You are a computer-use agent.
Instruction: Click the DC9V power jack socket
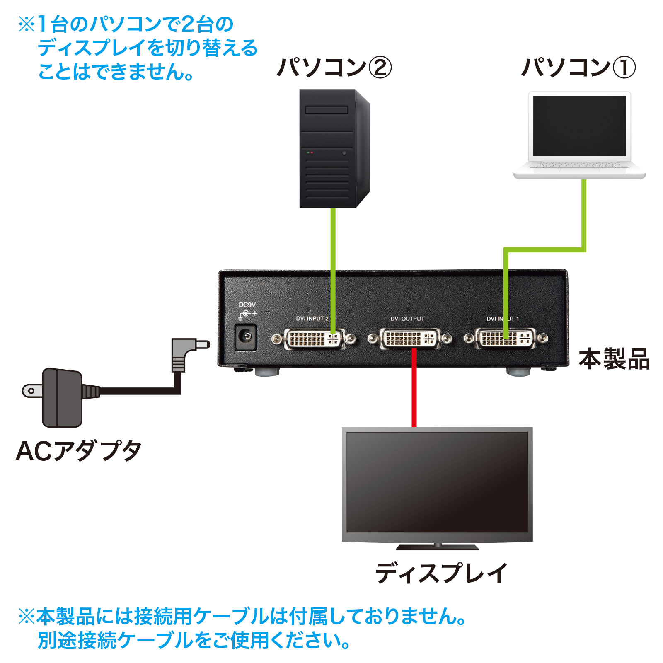(x=246, y=337)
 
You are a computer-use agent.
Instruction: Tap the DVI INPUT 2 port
(x=314, y=339)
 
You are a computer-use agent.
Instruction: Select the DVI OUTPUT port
(x=410, y=339)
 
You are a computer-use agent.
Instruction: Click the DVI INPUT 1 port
(x=506, y=339)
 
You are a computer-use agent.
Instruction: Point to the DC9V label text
(x=247, y=305)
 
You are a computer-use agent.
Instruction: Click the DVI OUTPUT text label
(x=407, y=319)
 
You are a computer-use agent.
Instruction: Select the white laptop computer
(x=579, y=135)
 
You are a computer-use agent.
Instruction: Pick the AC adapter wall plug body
(x=62, y=398)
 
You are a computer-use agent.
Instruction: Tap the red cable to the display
(x=414, y=390)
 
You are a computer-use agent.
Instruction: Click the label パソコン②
(x=334, y=68)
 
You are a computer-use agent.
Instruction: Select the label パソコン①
(x=578, y=68)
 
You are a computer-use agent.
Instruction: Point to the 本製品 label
(x=614, y=359)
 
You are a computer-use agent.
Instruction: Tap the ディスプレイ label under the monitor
(x=441, y=573)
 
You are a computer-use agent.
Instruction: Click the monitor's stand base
(x=437, y=547)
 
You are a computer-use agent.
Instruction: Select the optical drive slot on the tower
(x=327, y=110)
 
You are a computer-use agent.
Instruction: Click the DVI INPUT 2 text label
(x=312, y=319)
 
